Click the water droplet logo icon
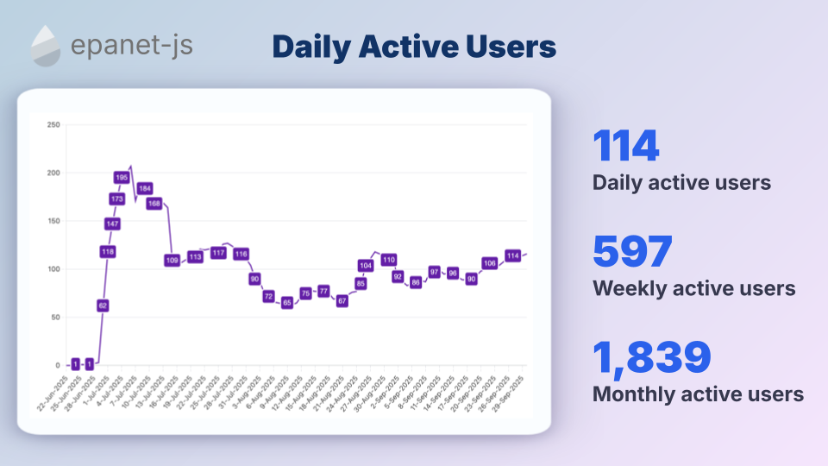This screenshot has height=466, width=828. pyautogui.click(x=46, y=46)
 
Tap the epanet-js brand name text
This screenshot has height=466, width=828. pyautogui.click(x=132, y=45)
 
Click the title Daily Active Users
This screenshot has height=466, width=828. pyautogui.click(x=414, y=47)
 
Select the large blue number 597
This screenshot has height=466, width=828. pyautogui.click(x=632, y=252)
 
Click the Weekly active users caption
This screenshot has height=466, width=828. pyautogui.click(x=693, y=288)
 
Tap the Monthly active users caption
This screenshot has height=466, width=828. pyautogui.click(x=698, y=394)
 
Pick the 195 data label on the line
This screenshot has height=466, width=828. pyautogui.click(x=122, y=178)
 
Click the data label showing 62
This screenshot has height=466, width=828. pyautogui.click(x=103, y=305)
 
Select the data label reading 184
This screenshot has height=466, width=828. pyautogui.click(x=145, y=188)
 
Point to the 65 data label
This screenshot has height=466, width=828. pyautogui.click(x=287, y=303)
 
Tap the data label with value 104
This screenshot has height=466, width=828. pyautogui.click(x=366, y=266)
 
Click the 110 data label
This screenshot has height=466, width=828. pyautogui.click(x=388, y=260)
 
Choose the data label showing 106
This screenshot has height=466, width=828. pyautogui.click(x=490, y=263)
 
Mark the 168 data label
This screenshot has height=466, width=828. pyautogui.click(x=154, y=204)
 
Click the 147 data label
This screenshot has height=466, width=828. pyautogui.click(x=112, y=224)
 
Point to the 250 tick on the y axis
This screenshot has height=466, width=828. pyautogui.click(x=53, y=125)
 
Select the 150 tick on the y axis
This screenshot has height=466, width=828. pyautogui.click(x=53, y=221)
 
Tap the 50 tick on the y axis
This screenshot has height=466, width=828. pyautogui.click(x=55, y=318)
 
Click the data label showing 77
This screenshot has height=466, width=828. pyautogui.click(x=323, y=291)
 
